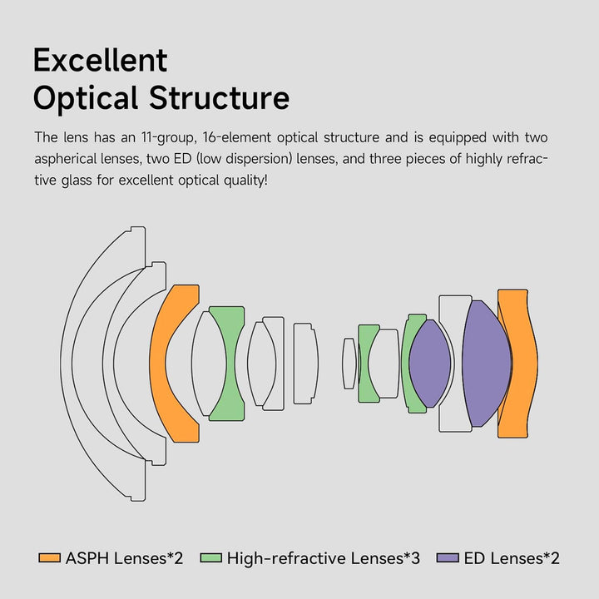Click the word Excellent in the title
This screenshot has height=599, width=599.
100,61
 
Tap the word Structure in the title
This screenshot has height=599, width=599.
219,98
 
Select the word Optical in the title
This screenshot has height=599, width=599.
86,98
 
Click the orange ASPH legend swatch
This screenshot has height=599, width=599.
50,558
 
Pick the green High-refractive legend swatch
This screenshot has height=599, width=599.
210,558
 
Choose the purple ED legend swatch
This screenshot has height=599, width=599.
448,558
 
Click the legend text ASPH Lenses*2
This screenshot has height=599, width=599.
124,558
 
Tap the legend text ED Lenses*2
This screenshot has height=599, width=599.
512,558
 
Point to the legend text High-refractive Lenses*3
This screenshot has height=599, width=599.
323,558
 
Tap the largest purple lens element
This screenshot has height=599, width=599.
486,364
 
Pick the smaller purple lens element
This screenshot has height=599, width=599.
430,364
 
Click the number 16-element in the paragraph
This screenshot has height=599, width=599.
237,137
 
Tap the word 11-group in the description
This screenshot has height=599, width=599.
169,138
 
